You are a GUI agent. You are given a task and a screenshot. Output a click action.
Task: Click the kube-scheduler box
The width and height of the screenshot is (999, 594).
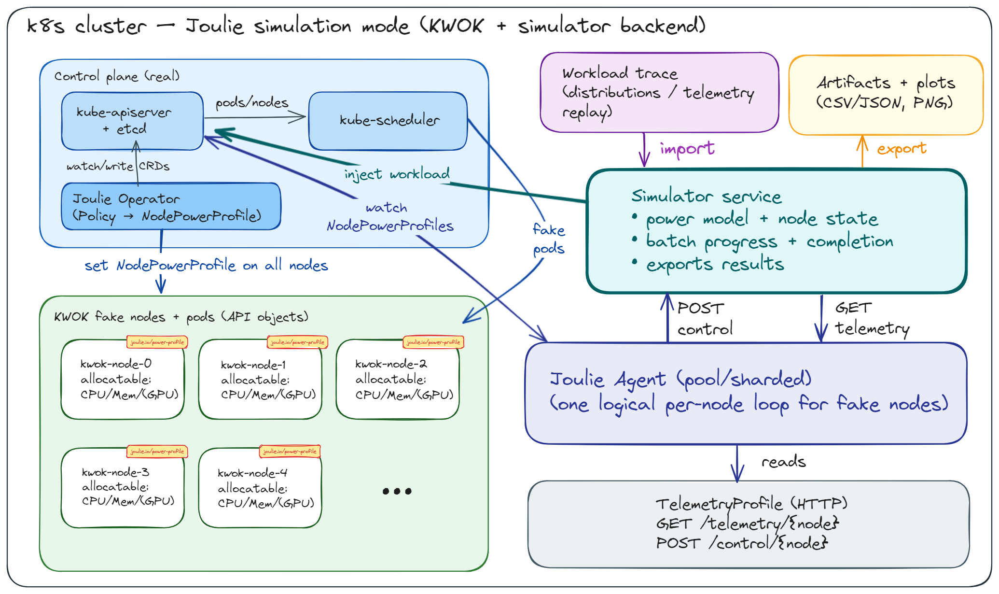click(x=388, y=121)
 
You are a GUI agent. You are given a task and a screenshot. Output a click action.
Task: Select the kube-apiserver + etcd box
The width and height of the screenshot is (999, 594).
click(x=132, y=121)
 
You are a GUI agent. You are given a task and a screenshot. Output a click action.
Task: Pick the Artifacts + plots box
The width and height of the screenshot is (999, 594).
click(x=886, y=95)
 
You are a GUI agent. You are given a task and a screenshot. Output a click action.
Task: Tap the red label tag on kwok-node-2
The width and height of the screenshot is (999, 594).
click(x=433, y=342)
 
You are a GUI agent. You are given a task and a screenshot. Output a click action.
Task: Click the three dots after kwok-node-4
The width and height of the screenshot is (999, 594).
click(x=397, y=491)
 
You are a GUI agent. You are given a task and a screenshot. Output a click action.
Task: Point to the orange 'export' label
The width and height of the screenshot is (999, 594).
click(x=902, y=149)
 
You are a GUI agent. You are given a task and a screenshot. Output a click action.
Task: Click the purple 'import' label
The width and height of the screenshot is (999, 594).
click(x=687, y=149)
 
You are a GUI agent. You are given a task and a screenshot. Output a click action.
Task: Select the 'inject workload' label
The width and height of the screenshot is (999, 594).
click(x=397, y=174)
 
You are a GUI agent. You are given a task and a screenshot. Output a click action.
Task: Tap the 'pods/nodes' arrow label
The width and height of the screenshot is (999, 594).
click(x=251, y=103)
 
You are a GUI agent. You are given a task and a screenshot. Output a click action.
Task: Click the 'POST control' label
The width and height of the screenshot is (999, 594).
click(x=704, y=319)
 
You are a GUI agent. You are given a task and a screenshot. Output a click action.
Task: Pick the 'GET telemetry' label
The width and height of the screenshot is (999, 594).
click(x=871, y=319)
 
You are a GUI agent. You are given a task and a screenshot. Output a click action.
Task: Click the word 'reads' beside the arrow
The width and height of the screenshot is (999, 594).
click(x=783, y=462)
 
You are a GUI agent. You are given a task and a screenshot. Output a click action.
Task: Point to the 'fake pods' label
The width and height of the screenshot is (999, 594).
click(x=549, y=239)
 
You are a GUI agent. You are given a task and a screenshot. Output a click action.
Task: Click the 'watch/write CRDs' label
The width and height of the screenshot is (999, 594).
click(x=118, y=167)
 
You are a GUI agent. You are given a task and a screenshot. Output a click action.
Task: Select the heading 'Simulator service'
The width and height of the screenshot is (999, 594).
click(x=706, y=197)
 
